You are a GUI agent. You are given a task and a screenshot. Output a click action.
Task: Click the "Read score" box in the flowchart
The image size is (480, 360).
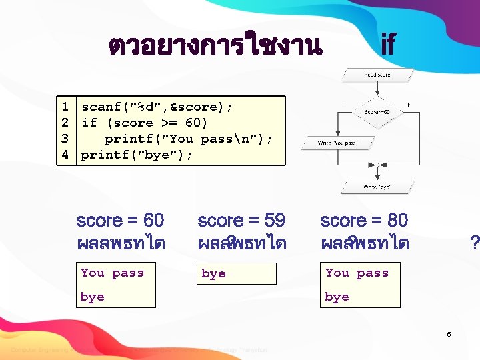tap(377, 75)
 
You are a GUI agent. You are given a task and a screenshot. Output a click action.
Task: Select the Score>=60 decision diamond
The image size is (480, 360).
tap(377, 112)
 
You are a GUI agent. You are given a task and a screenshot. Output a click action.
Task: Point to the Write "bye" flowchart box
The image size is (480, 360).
tap(377, 187)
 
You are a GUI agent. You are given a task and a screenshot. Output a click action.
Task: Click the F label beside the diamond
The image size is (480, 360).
tap(408, 104)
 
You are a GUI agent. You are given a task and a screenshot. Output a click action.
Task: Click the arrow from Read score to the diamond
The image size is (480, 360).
tap(377, 89)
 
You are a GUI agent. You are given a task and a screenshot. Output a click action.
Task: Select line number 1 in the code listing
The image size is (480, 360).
tap(65, 107)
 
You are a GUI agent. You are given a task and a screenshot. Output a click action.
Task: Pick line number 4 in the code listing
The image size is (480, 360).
tap(65, 155)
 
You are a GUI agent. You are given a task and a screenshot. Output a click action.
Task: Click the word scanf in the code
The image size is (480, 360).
tap(101, 107)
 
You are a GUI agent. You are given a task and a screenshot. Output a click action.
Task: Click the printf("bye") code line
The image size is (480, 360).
tap(137, 155)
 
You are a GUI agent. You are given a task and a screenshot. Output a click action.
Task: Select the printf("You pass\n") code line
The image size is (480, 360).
tap(189, 139)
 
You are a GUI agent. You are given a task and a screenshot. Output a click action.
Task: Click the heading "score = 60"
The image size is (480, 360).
tap(121, 220)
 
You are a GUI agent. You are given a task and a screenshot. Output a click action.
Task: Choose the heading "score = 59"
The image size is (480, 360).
tap(241, 220)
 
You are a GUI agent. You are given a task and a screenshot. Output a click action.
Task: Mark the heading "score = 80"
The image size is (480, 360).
tap(364, 220)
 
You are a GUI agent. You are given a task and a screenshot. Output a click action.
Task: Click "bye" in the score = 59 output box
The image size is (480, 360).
tap(213, 274)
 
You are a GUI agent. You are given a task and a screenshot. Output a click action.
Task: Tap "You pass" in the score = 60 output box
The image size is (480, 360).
tap(112, 273)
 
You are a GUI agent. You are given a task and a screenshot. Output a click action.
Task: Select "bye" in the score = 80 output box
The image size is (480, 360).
tap(337, 297)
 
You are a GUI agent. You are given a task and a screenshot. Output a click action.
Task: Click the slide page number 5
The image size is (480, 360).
tap(449, 334)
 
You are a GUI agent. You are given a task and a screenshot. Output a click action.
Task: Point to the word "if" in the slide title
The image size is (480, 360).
tap(387, 45)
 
